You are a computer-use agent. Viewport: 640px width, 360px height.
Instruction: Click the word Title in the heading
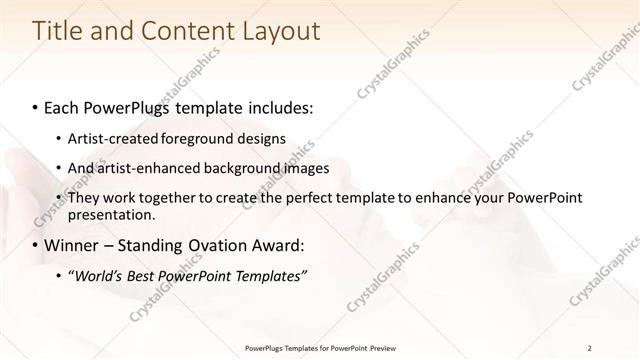(x=58, y=31)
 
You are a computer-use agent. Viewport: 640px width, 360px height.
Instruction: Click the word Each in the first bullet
(x=63, y=106)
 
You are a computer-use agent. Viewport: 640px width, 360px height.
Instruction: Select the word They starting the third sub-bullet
(x=83, y=198)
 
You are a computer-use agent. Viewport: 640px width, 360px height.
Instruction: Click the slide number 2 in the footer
(x=590, y=348)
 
